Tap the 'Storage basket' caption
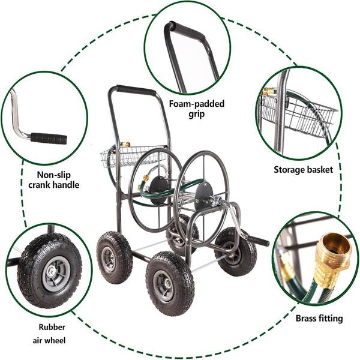(x=303, y=170)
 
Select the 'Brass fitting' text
(x=319, y=318)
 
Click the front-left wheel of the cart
(x=114, y=257)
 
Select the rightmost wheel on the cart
(x=236, y=251)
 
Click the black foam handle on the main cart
(x=133, y=90)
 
